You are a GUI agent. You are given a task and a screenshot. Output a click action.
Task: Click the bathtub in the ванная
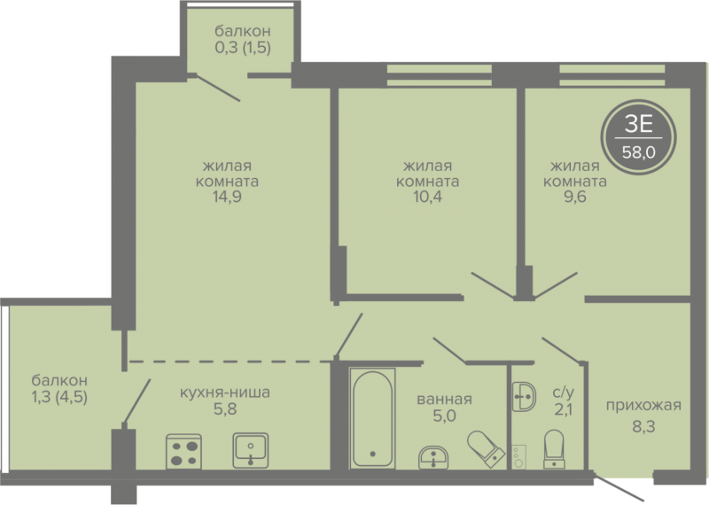372,418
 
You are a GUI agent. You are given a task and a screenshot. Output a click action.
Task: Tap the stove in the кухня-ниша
184,451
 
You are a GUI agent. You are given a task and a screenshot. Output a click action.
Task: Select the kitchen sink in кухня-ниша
251,450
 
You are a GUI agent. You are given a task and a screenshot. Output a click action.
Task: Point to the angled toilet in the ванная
486,447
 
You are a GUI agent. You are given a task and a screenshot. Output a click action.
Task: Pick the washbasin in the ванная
433,457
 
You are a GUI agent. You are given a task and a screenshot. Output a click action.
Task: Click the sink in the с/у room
524,397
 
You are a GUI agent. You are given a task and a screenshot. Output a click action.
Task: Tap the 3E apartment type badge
638,137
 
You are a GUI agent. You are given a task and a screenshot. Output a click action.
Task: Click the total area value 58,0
638,152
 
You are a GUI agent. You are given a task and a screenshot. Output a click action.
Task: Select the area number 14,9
228,197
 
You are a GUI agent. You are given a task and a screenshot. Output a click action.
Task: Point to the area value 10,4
427,196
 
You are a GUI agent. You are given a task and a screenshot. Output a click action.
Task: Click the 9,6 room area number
574,197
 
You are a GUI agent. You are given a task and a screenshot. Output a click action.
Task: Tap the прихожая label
644,405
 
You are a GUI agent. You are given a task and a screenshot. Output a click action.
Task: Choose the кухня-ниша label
225,392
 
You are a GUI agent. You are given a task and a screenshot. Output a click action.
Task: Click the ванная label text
445,400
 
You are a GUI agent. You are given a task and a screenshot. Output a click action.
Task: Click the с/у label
564,392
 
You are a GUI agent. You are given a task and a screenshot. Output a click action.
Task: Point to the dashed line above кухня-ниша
230,361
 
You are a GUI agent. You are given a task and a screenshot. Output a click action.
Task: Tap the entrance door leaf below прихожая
619,487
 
